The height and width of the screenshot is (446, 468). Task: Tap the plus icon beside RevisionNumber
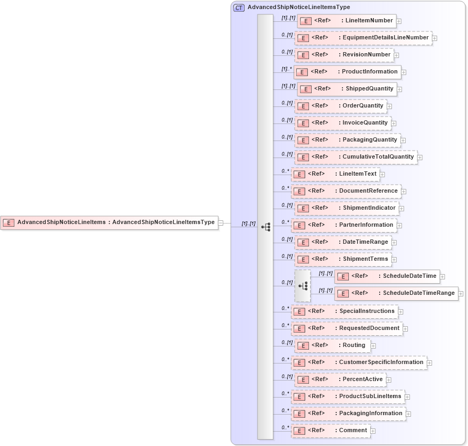(396, 55)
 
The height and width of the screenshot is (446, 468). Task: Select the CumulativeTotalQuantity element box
(356, 157)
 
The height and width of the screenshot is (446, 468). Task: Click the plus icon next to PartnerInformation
(399, 226)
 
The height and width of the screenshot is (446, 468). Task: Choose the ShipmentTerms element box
(343, 259)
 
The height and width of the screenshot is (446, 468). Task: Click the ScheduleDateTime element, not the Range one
(387, 276)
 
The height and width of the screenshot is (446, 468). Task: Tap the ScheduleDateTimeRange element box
(396, 293)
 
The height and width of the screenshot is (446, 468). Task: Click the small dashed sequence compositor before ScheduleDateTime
(303, 286)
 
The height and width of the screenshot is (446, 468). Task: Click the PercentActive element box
(340, 379)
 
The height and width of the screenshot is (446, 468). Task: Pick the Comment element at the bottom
(331, 431)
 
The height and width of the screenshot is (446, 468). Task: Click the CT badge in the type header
(239, 8)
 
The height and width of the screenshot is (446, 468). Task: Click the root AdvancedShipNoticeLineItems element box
(109, 222)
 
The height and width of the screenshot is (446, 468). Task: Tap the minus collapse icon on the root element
(221, 223)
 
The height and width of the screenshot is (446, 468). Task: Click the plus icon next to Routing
(373, 346)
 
